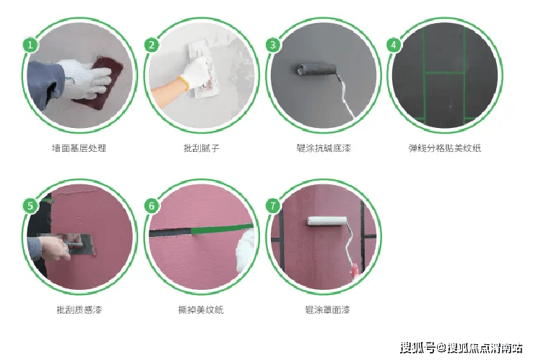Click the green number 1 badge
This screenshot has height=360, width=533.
tap(30, 45)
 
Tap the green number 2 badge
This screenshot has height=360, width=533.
tap(152, 45)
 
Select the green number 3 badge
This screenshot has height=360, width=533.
tap(272, 45)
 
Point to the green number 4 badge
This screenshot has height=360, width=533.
tap(394, 45)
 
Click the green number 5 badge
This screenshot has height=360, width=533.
tap(30, 206)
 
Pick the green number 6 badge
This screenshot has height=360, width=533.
tap(152, 206)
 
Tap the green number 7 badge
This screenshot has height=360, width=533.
tap(272, 206)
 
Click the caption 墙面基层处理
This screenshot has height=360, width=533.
tap(79, 148)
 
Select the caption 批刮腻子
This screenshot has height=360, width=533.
tap(201, 148)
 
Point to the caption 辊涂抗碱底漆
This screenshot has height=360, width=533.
tap(324, 148)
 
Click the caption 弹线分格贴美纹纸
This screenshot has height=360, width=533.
tap(445, 148)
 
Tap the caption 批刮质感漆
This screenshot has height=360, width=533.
tap(79, 309)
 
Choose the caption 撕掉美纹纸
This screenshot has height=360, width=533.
tap(201, 309)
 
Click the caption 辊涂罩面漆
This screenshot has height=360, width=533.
tap(327, 309)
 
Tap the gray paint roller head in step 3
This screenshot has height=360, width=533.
tap(316, 69)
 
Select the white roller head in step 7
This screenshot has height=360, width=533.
tap(327, 221)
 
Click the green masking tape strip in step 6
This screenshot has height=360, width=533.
tap(222, 229)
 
